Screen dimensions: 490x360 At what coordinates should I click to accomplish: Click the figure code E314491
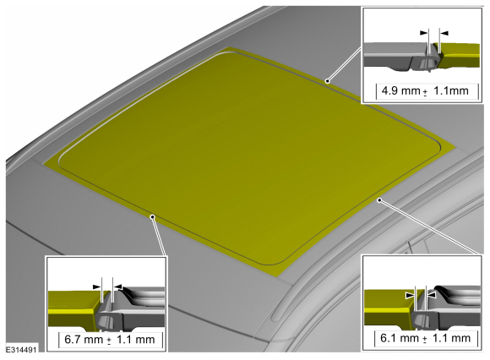[21, 349]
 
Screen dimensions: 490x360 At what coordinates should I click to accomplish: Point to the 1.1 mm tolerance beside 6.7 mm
[136, 340]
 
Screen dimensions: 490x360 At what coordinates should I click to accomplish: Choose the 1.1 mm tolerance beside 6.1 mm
[452, 338]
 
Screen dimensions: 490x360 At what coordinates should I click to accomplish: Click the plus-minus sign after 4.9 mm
[425, 92]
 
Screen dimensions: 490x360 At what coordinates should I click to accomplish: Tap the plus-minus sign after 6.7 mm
[109, 341]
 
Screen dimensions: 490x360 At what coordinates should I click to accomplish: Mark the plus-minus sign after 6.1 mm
[425, 340]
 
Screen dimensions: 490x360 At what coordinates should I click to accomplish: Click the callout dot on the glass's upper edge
[327, 81]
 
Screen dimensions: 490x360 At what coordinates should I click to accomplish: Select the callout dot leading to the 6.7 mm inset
[153, 217]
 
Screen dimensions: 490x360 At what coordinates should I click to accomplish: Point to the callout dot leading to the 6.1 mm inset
[379, 200]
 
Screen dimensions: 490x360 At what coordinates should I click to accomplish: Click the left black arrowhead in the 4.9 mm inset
[424, 32]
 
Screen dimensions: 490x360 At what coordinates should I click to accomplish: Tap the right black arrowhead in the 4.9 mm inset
[444, 33]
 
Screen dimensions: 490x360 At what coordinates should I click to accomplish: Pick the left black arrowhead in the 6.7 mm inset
[97, 286]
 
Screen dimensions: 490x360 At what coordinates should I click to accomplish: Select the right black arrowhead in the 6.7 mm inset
[117, 286]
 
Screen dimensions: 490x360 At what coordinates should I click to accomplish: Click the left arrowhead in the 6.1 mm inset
[410, 295]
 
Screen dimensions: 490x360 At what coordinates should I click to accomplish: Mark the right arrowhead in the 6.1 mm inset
[431, 295]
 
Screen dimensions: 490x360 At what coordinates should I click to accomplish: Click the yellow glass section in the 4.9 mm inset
[460, 55]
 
